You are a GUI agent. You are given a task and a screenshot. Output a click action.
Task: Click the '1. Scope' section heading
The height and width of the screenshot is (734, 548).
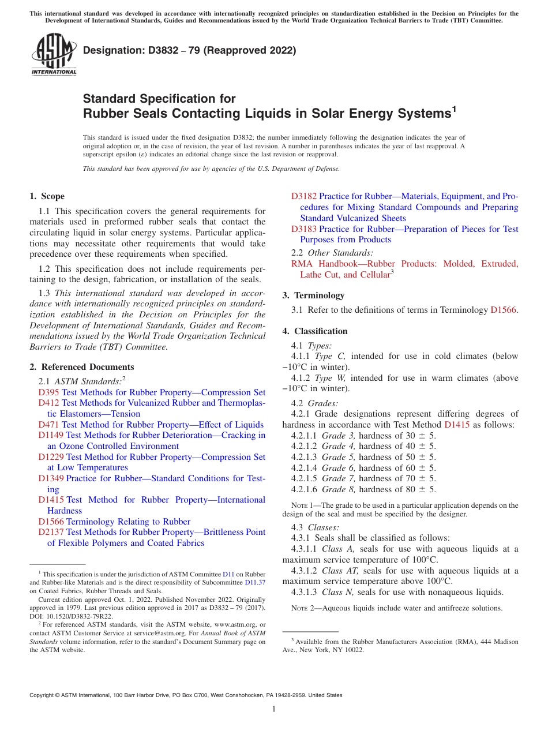47,196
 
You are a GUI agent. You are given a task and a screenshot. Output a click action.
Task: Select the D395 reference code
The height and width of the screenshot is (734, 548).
48,392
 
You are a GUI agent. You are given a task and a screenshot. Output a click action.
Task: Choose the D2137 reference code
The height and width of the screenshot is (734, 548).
51,532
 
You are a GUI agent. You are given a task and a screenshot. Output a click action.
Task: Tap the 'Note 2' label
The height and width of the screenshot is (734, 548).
299,608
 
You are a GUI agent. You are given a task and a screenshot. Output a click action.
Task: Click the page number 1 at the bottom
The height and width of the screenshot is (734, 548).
274,709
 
